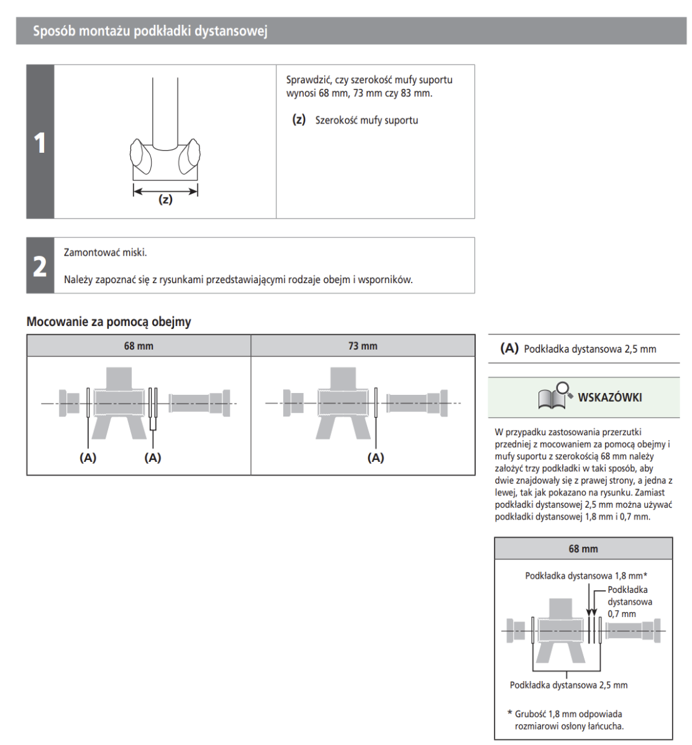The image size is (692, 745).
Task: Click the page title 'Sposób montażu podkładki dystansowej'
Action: pyautogui.click(x=150, y=31)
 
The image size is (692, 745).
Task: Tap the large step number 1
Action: pyautogui.click(x=40, y=143)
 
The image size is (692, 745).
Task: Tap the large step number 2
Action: pyautogui.click(x=40, y=266)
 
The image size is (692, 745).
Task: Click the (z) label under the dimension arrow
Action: pyautogui.click(x=165, y=200)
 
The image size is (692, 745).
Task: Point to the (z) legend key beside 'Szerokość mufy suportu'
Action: pyautogui.click(x=299, y=120)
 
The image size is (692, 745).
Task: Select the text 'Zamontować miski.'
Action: pyautogui.click(x=106, y=253)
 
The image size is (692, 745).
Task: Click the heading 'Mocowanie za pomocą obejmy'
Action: pyautogui.click(x=109, y=322)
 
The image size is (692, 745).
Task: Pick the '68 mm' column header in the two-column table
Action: pyautogui.click(x=139, y=346)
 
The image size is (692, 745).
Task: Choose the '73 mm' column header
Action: pyautogui.click(x=363, y=346)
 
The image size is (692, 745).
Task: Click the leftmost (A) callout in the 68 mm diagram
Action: pyautogui.click(x=88, y=458)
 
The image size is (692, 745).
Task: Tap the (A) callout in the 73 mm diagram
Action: pyautogui.click(x=376, y=458)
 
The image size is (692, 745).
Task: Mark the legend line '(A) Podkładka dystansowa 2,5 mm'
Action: pyautogui.click(x=578, y=349)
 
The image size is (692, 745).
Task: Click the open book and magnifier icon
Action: pyautogui.click(x=555, y=396)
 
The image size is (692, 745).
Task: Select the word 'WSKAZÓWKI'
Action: pyautogui.click(x=609, y=397)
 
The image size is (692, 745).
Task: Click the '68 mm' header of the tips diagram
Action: pyautogui.click(x=583, y=549)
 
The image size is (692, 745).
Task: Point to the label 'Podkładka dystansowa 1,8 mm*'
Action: pyautogui.click(x=586, y=576)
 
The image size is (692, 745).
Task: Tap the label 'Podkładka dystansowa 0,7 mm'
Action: pyautogui.click(x=629, y=602)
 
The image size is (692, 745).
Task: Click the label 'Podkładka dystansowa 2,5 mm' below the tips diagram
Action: pyautogui.click(x=568, y=685)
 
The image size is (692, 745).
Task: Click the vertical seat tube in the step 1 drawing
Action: pyautogui.click(x=165, y=112)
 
